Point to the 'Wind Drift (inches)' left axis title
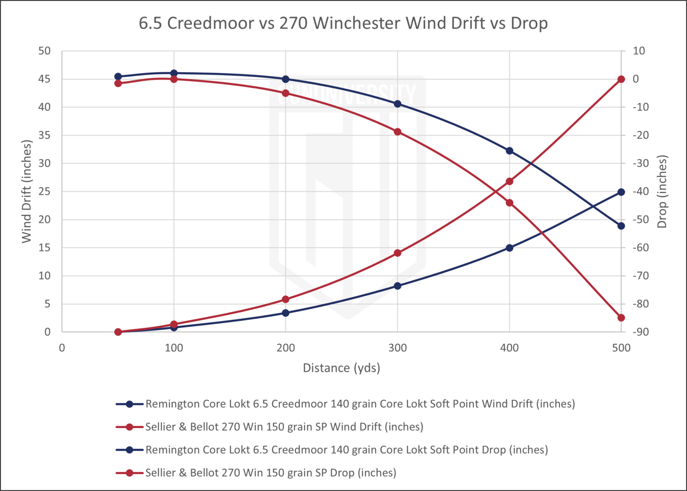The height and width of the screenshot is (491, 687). click(x=27, y=191)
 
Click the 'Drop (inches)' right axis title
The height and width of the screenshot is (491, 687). click(x=662, y=191)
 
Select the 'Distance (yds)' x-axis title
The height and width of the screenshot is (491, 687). click(x=342, y=368)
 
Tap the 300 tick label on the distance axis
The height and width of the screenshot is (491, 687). click(x=397, y=348)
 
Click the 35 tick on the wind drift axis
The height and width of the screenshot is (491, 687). click(x=45, y=135)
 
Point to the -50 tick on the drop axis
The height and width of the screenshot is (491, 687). click(x=639, y=220)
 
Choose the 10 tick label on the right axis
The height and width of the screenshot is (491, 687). click(x=639, y=51)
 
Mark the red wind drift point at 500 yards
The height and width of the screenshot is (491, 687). click(x=621, y=79)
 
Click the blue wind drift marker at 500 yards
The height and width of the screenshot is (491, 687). click(x=621, y=192)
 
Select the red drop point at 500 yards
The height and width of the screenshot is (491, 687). click(x=621, y=318)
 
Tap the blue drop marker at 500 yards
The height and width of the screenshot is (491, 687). click(x=621, y=226)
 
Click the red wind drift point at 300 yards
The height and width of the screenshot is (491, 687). click(x=397, y=253)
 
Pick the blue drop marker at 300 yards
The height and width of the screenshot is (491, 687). click(x=397, y=104)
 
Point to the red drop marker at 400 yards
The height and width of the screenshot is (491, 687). click(x=509, y=203)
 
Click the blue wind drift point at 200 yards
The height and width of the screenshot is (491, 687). click(x=286, y=313)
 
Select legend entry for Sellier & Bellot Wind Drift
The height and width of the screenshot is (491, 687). click(x=284, y=427)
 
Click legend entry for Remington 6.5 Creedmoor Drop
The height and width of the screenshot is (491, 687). click(x=347, y=450)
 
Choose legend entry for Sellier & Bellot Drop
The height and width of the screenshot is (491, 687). click(x=271, y=473)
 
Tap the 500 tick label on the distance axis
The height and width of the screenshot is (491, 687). click(x=621, y=348)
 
